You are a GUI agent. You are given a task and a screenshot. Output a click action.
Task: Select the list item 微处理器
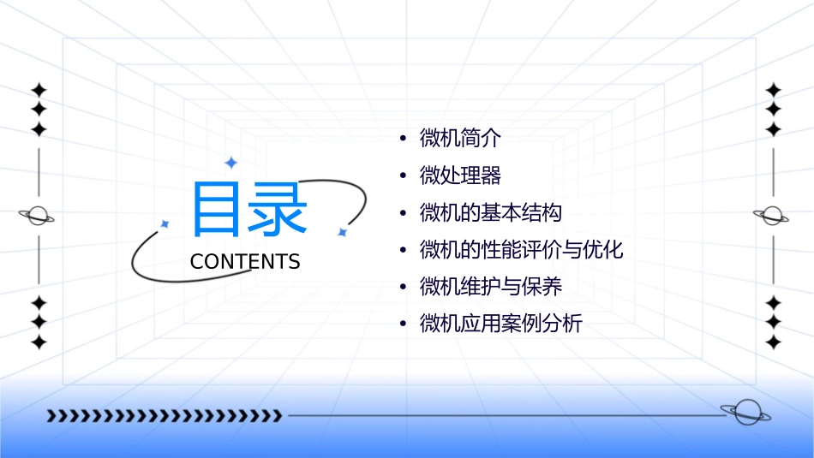(x=460, y=175)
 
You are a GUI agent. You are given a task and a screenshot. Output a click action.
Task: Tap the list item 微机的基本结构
(x=491, y=212)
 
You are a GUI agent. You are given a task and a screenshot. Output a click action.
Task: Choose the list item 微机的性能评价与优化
(x=521, y=250)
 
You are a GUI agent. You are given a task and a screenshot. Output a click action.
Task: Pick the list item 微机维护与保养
(x=491, y=287)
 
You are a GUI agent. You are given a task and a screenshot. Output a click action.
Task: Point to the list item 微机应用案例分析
(x=500, y=324)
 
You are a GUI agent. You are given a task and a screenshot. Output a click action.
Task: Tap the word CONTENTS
(x=245, y=262)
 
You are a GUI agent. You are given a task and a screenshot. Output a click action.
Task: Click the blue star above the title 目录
(x=230, y=162)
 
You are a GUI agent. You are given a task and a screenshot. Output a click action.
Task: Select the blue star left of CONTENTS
(x=165, y=224)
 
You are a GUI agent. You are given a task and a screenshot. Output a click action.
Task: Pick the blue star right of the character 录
(x=342, y=232)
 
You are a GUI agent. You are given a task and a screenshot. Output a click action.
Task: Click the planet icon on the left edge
(x=38, y=216)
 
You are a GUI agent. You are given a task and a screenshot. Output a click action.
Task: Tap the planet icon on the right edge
(x=773, y=216)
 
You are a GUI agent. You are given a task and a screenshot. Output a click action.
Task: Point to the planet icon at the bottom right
(x=745, y=413)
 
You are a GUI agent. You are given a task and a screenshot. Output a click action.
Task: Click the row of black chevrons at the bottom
(x=164, y=416)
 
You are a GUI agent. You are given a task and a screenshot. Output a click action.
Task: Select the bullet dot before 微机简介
(x=403, y=139)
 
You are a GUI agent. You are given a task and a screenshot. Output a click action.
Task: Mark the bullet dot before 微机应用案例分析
(x=403, y=325)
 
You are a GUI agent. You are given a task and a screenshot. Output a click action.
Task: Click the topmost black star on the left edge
(x=38, y=90)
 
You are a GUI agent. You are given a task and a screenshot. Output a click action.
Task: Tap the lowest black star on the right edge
(x=773, y=342)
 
